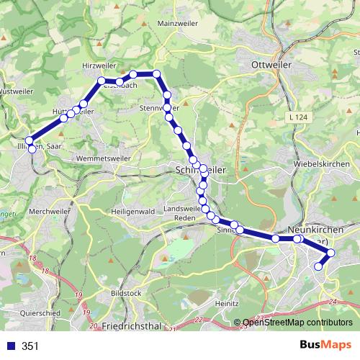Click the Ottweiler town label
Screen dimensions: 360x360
point(271,65)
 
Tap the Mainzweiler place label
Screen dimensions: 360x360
point(176,24)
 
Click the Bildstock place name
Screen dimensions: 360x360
point(127,294)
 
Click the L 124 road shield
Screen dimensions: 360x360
point(300,117)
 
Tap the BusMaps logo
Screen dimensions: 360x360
point(321,346)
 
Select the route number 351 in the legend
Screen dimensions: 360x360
point(30,346)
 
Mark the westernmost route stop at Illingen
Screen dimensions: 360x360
point(30,141)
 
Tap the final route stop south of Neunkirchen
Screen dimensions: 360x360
point(318,267)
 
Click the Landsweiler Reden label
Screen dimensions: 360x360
point(181,213)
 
